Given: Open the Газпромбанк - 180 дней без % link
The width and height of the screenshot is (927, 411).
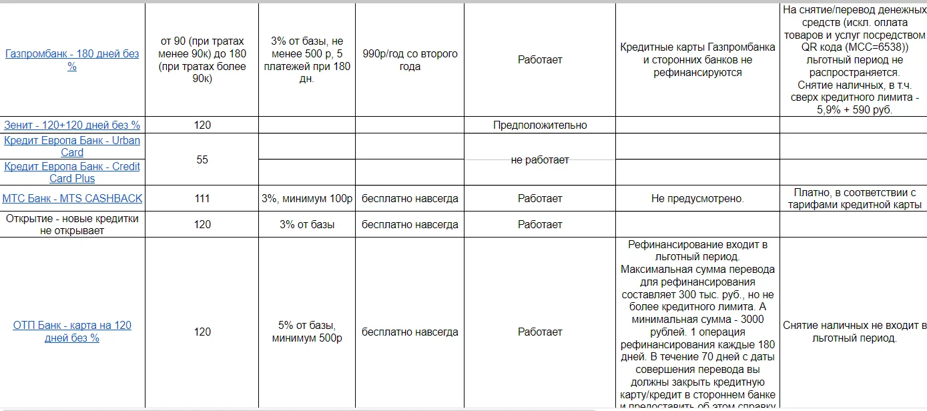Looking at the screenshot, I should pyautogui.click(x=72, y=60).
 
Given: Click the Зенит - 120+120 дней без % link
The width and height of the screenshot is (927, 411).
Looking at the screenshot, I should pyautogui.click(x=72, y=125).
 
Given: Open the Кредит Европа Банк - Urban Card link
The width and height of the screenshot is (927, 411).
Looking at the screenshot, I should pyautogui.click(x=72, y=146).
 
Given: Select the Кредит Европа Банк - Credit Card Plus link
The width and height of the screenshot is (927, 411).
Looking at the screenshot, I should pyautogui.click(x=72, y=172).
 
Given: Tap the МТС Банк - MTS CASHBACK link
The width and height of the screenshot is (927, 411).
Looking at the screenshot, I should pyautogui.click(x=72, y=198).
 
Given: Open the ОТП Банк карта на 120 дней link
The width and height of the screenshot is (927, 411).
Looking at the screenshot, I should pyautogui.click(x=72, y=332).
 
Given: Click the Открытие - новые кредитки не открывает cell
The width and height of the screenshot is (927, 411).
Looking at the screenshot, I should pyautogui.click(x=72, y=224).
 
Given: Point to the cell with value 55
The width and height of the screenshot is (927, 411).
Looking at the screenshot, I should pyautogui.click(x=202, y=159).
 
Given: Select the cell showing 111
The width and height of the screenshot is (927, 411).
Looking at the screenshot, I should pyautogui.click(x=202, y=198).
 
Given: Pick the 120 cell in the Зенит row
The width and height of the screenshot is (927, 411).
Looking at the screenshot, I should pyautogui.click(x=202, y=125).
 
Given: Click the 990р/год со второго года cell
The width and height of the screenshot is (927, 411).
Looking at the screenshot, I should pyautogui.click(x=410, y=60).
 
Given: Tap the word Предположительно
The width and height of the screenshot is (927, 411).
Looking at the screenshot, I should pyautogui.click(x=540, y=125).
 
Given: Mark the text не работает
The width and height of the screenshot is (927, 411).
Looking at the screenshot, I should pyautogui.click(x=540, y=159).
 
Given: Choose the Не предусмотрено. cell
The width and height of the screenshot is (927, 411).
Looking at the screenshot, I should pyautogui.click(x=697, y=198).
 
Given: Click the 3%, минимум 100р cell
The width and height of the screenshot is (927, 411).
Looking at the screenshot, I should pyautogui.click(x=307, y=198).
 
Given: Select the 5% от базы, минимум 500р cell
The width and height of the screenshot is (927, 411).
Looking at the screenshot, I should pyautogui.click(x=307, y=332).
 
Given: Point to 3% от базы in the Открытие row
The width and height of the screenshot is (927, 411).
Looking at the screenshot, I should pyautogui.click(x=307, y=224).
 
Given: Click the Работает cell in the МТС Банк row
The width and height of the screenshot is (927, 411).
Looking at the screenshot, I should pyautogui.click(x=540, y=198).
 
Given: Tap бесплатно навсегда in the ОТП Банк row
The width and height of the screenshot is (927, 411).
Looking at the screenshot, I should pyautogui.click(x=410, y=332).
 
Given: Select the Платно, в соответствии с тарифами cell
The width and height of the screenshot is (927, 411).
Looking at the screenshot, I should pyautogui.click(x=853, y=198).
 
